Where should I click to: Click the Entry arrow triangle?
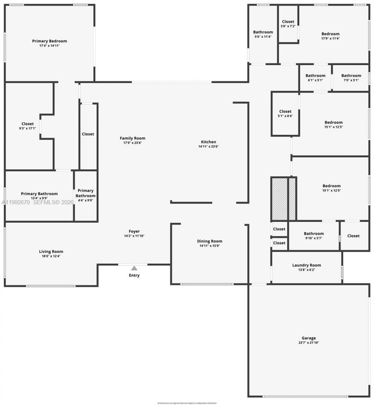[134, 268]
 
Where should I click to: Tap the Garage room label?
[309, 338]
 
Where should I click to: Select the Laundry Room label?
[306, 265]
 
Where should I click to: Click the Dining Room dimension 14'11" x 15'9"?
[210, 246]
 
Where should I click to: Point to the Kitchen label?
[209, 142]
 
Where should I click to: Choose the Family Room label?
[133, 138]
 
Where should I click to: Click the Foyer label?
[134, 231]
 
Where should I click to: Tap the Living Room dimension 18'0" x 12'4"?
[51, 256]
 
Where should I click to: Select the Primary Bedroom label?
[49, 41]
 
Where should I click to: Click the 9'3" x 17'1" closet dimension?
[27, 128]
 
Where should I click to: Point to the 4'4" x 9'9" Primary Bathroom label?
[85, 193]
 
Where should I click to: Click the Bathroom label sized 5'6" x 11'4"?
[263, 32]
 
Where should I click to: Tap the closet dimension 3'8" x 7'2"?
[288, 26]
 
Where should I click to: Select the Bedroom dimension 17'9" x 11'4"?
[330, 38]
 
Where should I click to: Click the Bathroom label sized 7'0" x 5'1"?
[351, 76]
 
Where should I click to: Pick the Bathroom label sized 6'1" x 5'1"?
[315, 76]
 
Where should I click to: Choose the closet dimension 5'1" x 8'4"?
[285, 116]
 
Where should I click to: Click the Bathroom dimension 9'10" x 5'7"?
[314, 238]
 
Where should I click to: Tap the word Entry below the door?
[134, 275]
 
